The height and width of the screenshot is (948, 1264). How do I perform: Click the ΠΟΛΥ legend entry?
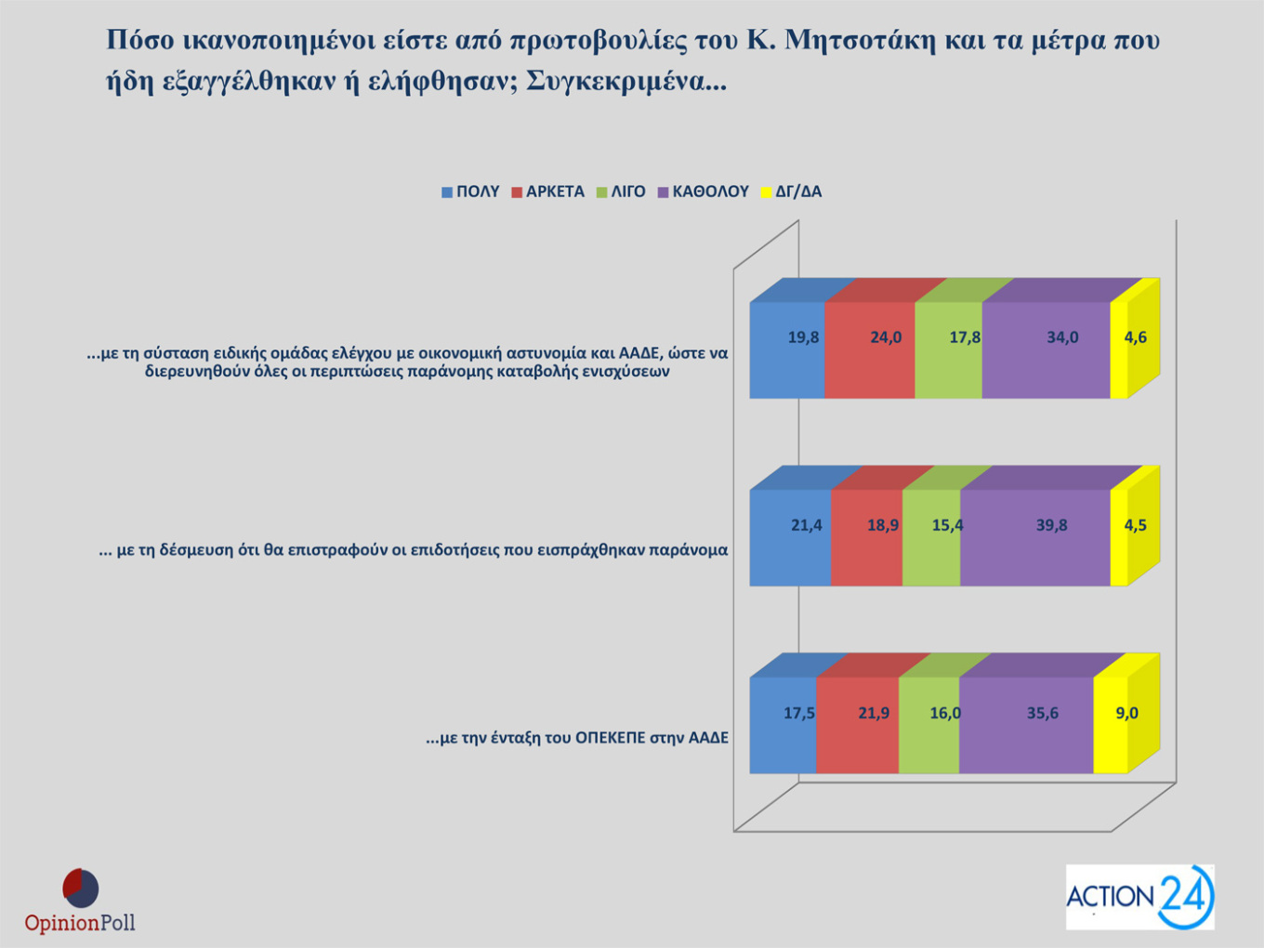click(x=470, y=191)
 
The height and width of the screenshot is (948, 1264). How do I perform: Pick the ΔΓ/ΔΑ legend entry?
click(x=791, y=191)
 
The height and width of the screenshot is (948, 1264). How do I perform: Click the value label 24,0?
click(x=886, y=337)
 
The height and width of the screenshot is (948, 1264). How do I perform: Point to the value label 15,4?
click(x=947, y=525)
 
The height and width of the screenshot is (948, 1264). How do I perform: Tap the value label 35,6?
click(x=1043, y=713)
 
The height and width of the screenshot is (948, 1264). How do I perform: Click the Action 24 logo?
click(x=1139, y=897)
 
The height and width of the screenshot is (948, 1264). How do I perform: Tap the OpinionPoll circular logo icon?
click(x=81, y=889)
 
